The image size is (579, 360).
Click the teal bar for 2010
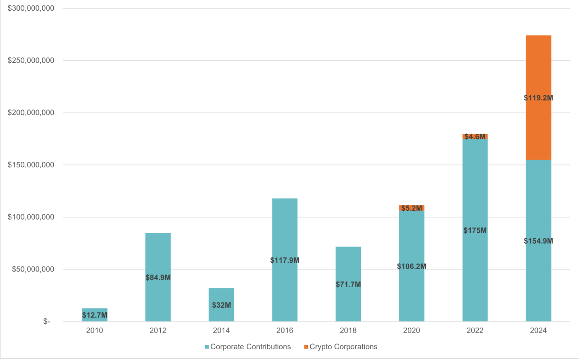95,310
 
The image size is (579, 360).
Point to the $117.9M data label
285,260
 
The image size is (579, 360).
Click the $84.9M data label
158,277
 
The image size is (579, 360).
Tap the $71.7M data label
348,284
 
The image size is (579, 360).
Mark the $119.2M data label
538,98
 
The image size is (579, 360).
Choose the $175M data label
475,230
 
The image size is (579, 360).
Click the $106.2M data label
412,266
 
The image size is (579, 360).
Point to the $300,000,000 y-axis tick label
31,8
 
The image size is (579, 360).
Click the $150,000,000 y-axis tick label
31,165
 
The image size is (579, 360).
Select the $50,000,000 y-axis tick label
33,269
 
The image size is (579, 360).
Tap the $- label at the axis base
47,321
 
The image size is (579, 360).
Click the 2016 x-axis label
285,330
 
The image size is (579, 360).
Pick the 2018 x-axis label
348,330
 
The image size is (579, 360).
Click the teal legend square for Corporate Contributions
207,347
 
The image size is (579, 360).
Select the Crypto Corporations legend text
343,347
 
